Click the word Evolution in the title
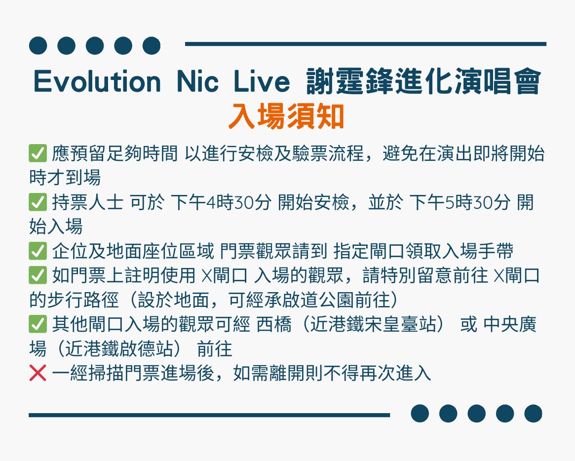(97, 81)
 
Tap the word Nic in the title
(197, 81)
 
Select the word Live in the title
(262, 81)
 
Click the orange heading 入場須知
(286, 116)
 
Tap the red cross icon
(38, 373)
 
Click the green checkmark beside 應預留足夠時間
(38, 154)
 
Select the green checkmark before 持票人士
(38, 202)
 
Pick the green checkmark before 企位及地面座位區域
(38, 251)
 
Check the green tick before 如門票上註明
(38, 275)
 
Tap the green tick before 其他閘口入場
(38, 324)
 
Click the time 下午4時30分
(221, 202)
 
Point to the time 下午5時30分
(460, 202)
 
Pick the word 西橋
(274, 324)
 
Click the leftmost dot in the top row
(38, 45)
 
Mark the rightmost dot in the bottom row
(533, 414)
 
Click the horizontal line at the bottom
(209, 415)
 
